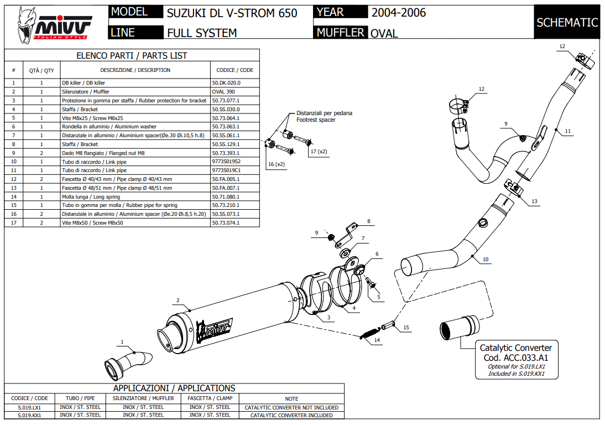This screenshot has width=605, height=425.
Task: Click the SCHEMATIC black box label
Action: click(567, 22)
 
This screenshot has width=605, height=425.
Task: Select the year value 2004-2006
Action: click(398, 12)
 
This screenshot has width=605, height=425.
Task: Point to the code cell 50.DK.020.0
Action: click(226, 82)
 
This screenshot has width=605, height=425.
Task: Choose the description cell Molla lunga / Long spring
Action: click(95, 196)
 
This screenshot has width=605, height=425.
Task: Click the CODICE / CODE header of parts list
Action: click(234, 70)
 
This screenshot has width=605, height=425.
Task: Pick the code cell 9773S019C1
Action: click(226, 170)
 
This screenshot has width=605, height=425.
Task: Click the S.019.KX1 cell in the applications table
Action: click(29, 414)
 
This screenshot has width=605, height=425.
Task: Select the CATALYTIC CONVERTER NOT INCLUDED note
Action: click(291, 407)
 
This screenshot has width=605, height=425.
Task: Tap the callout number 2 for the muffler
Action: click(178, 300)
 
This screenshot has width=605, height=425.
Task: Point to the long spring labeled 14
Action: click(369, 333)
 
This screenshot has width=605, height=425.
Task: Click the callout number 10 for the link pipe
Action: click(486, 260)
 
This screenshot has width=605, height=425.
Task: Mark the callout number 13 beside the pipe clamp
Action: click(534, 202)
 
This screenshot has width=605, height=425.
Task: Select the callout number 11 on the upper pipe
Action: click(568, 131)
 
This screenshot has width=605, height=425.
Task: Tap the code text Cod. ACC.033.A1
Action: click(515, 357)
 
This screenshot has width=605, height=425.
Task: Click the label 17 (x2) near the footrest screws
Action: click(319, 151)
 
